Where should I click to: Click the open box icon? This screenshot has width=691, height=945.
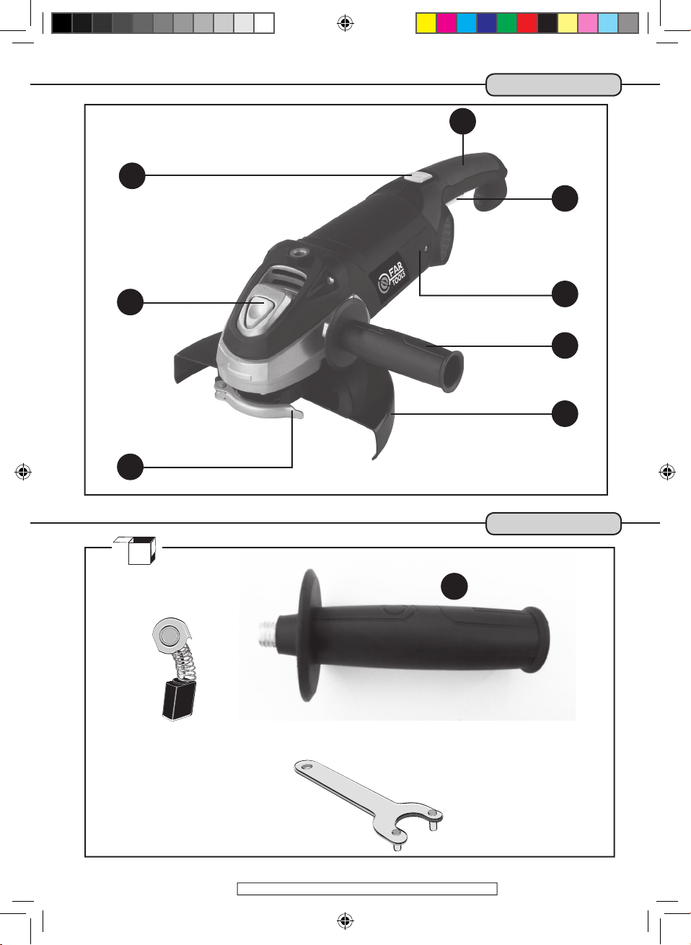[136, 550]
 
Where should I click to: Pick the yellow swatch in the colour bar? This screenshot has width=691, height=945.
[426, 23]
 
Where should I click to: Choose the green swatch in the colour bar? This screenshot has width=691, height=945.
[506, 23]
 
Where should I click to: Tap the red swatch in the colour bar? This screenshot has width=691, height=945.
[527, 23]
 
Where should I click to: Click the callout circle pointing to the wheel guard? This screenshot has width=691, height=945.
[565, 413]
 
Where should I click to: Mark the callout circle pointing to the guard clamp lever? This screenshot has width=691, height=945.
[131, 467]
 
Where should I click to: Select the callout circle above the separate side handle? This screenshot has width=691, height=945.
[454, 586]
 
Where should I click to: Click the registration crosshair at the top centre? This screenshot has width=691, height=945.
[345, 23]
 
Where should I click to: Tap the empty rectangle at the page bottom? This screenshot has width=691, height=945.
[367, 889]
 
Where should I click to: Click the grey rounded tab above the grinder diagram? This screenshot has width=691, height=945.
[553, 85]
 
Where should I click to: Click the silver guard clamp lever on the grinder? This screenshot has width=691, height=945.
[259, 404]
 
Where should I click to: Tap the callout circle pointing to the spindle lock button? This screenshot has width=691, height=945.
[131, 302]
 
